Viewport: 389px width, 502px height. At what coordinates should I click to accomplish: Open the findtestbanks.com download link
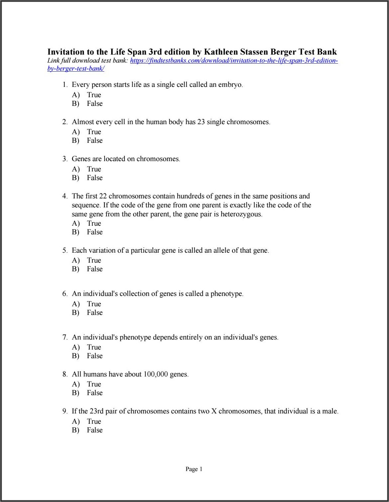tap(233, 61)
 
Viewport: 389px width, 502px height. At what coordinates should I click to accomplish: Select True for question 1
tap(94, 95)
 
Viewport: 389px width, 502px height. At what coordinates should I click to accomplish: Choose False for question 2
tap(95, 140)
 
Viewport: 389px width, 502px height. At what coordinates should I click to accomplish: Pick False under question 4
tap(95, 232)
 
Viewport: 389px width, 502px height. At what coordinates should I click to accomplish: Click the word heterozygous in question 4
tap(241, 214)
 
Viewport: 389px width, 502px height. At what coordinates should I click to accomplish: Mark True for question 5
tap(94, 260)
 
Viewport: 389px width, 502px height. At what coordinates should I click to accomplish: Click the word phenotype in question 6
tap(226, 294)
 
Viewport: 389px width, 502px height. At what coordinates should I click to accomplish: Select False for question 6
tap(95, 313)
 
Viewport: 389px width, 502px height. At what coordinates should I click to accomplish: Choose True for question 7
tap(94, 347)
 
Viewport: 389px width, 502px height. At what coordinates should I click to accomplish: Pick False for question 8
tap(95, 393)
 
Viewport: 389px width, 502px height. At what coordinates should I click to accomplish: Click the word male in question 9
tap(330, 411)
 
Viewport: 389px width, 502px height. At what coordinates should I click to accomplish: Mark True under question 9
tap(94, 421)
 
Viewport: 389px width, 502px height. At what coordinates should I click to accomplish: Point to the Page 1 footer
tap(194, 469)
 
